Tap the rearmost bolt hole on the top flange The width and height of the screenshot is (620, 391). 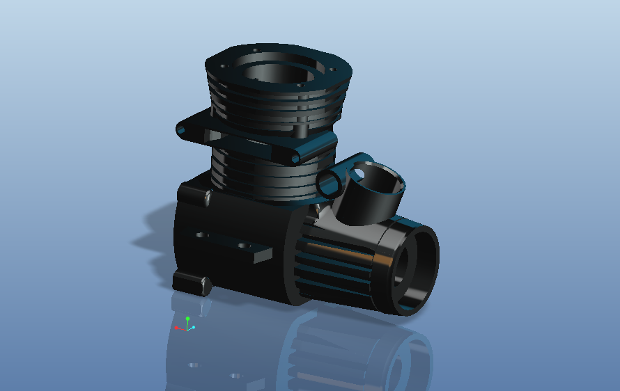[x=255, y=50]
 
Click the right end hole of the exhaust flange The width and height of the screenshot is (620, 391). [x=295, y=159]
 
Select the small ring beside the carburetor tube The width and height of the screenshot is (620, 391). [x=329, y=182]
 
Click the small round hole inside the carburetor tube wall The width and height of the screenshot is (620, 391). [x=364, y=169]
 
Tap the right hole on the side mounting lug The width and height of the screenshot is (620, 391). [x=243, y=246]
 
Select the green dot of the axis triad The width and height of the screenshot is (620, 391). [x=187, y=319]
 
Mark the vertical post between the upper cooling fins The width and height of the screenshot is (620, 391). [x=301, y=129]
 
